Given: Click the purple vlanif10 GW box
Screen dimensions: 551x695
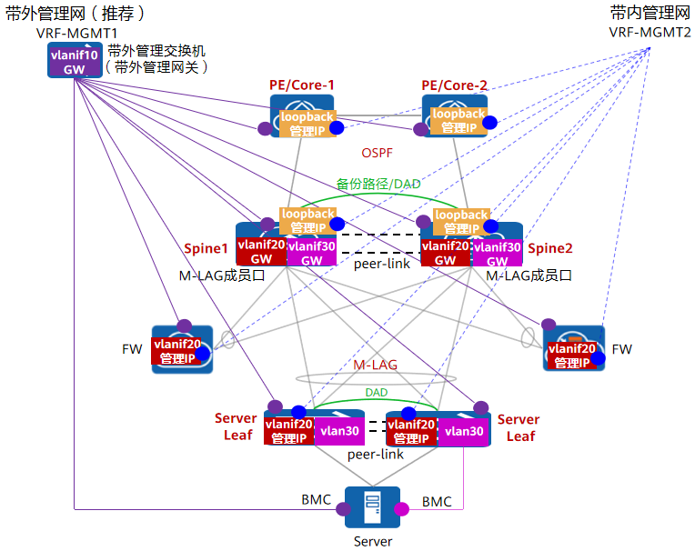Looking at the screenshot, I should click(75, 62).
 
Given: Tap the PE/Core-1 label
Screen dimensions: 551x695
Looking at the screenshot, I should click(302, 85).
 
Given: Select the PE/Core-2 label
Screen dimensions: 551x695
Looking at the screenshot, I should click(455, 85).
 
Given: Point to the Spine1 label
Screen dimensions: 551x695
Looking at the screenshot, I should click(206, 248).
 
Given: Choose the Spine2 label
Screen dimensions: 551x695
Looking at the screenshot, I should click(550, 248).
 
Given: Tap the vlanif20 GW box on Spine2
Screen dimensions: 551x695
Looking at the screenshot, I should click(445, 252).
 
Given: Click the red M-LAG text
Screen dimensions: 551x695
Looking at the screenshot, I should click(376, 365).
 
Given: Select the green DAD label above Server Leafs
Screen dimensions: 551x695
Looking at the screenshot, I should click(377, 392).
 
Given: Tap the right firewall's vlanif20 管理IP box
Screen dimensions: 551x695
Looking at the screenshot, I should click(574, 355).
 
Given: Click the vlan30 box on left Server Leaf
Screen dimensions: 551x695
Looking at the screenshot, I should click(340, 431).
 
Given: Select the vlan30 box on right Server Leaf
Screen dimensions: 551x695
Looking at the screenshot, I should click(464, 431).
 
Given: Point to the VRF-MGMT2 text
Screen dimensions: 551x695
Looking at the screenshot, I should click(650, 33).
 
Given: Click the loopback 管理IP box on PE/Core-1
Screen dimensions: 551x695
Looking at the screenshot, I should click(307, 123).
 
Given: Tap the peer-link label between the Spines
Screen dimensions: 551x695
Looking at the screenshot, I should click(381, 264).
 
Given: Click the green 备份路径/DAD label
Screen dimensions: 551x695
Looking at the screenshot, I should click(378, 184).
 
